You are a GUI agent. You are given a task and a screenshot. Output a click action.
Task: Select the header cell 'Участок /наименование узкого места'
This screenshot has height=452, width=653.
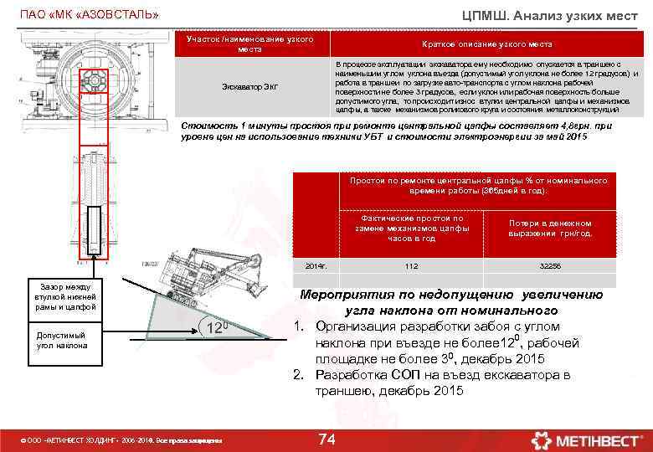249,44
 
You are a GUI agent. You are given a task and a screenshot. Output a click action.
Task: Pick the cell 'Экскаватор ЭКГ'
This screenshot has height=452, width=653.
249,87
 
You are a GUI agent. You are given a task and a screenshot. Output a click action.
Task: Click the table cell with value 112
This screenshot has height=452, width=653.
411,265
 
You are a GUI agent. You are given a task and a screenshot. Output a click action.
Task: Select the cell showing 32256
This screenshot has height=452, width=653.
550,265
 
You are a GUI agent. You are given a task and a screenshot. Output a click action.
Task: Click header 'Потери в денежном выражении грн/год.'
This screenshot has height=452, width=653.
550,229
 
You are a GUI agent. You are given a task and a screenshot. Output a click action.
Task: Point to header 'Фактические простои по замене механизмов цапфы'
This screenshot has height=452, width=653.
411,228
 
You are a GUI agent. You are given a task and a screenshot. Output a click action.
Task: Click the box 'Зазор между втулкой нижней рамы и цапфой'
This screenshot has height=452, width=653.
65,295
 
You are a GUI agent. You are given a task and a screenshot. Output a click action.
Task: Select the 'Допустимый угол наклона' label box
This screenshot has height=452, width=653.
65,340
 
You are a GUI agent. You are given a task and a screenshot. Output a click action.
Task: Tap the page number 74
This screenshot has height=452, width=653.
326,439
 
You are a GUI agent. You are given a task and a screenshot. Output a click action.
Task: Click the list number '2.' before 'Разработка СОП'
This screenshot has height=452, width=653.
297,374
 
